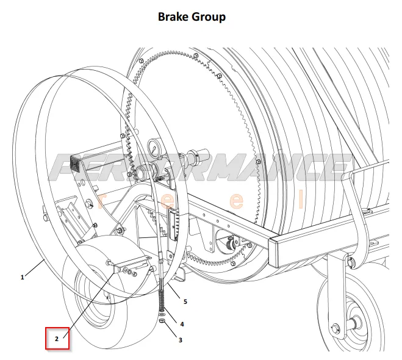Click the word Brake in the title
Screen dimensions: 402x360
(174, 17)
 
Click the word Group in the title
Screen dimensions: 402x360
(209, 18)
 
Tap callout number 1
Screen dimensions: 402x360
(23, 277)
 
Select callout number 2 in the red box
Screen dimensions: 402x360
(57, 339)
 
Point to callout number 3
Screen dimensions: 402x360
(181, 340)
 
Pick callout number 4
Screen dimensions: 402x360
(182, 325)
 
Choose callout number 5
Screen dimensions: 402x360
(185, 302)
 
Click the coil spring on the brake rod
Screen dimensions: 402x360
(162, 301)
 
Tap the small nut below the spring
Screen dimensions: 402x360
(162, 320)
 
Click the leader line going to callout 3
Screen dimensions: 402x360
(171, 329)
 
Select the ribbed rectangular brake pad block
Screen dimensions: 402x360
(173, 225)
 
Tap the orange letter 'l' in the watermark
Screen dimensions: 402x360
(301, 199)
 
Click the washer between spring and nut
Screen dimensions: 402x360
(162, 315)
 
